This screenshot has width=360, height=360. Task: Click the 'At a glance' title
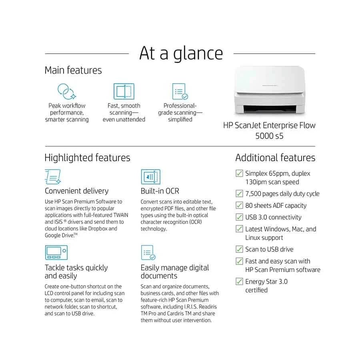pos(181,53)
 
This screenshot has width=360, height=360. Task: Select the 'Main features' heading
pos(73,70)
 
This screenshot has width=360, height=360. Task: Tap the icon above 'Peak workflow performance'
pos(67,91)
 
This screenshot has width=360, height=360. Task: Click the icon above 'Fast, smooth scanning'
pos(124,91)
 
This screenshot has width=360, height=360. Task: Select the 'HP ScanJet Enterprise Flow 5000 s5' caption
pos(269,130)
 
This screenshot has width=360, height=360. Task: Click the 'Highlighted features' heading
pos(87,158)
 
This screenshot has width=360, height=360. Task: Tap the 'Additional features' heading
pos(275,158)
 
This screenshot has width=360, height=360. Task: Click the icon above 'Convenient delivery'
pos(53,177)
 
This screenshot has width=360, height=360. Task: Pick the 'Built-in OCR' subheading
pos(160,191)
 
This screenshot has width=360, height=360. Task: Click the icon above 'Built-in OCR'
pos(150,177)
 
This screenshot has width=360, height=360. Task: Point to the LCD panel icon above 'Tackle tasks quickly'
pos(56,252)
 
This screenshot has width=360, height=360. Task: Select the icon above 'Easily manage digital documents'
pos(148,253)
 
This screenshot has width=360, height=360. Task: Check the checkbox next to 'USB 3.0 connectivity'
pos(239,217)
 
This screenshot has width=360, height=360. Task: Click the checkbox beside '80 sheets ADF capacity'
pos(239,205)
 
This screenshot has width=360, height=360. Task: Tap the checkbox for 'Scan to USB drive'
pos(239,249)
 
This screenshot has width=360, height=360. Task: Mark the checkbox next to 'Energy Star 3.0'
pos(239,281)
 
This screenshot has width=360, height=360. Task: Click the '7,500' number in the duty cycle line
pos(254,194)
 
